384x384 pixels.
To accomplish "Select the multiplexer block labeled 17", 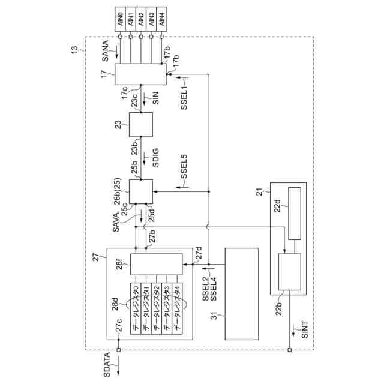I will tap(140, 74).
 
